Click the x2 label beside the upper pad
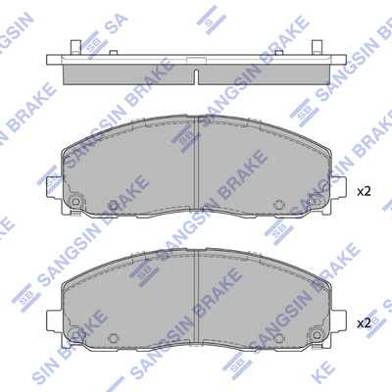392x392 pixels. coord(364,192)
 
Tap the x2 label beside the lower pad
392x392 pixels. coord(364,323)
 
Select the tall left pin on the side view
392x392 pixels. coord(75,48)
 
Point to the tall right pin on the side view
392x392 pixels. coord(317,48)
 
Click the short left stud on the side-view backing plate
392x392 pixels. coord(114,53)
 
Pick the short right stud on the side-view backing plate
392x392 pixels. coord(279,53)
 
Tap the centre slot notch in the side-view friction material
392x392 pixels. coord(196,77)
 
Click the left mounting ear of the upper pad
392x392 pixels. coord(54,187)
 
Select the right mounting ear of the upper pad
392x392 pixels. coord(338,187)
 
